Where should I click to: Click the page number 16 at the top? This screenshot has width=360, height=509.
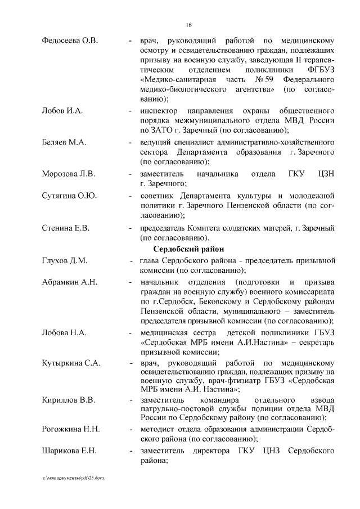point(189,25)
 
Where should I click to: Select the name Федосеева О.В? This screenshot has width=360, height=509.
point(70,40)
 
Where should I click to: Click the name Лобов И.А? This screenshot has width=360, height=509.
point(62,110)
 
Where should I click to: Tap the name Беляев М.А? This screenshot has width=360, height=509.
point(64,142)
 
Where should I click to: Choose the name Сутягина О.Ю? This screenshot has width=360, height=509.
point(70,196)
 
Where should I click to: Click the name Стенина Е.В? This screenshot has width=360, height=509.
point(66,228)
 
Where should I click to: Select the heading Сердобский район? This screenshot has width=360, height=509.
point(187,249)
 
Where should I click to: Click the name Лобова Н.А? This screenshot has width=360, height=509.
point(64,332)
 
